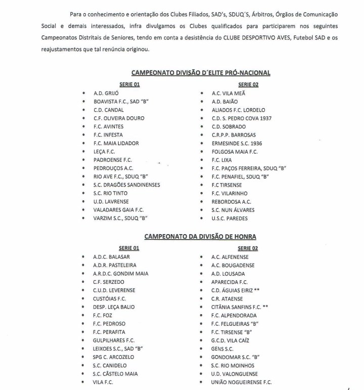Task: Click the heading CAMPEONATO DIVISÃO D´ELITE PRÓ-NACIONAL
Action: [201, 73]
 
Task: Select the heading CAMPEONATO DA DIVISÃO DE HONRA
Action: [200, 236]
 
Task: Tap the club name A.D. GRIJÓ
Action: [106, 94]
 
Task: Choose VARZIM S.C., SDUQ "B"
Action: [121, 218]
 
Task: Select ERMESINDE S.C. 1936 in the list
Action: [237, 143]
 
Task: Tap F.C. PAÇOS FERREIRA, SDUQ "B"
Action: [249, 168]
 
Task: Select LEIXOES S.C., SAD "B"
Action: [118, 349]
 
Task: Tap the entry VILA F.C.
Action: [103, 382]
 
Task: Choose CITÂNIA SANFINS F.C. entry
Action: [239, 307]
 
